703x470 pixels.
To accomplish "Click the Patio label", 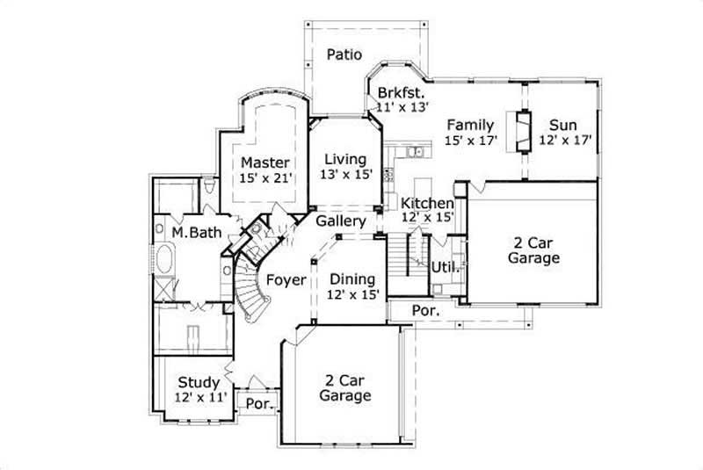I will point(345,54).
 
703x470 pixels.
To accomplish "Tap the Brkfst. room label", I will point(402,92).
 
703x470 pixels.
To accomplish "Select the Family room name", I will point(470,124).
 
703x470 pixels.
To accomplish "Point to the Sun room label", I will point(562,124).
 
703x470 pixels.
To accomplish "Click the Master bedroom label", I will point(265,162).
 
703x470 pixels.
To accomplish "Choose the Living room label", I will point(344,159).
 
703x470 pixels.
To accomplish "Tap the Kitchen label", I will point(427,203).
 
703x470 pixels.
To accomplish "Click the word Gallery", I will point(341,221).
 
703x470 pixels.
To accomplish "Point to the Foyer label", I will point(286,280).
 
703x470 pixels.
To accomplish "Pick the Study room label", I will point(199,382).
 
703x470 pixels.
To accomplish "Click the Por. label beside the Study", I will point(258,404).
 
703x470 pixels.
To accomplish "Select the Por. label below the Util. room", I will point(425,312).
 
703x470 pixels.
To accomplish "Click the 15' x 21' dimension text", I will point(265,177).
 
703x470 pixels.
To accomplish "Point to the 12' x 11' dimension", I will point(200,397).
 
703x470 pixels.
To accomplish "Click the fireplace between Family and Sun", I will point(524,132).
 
